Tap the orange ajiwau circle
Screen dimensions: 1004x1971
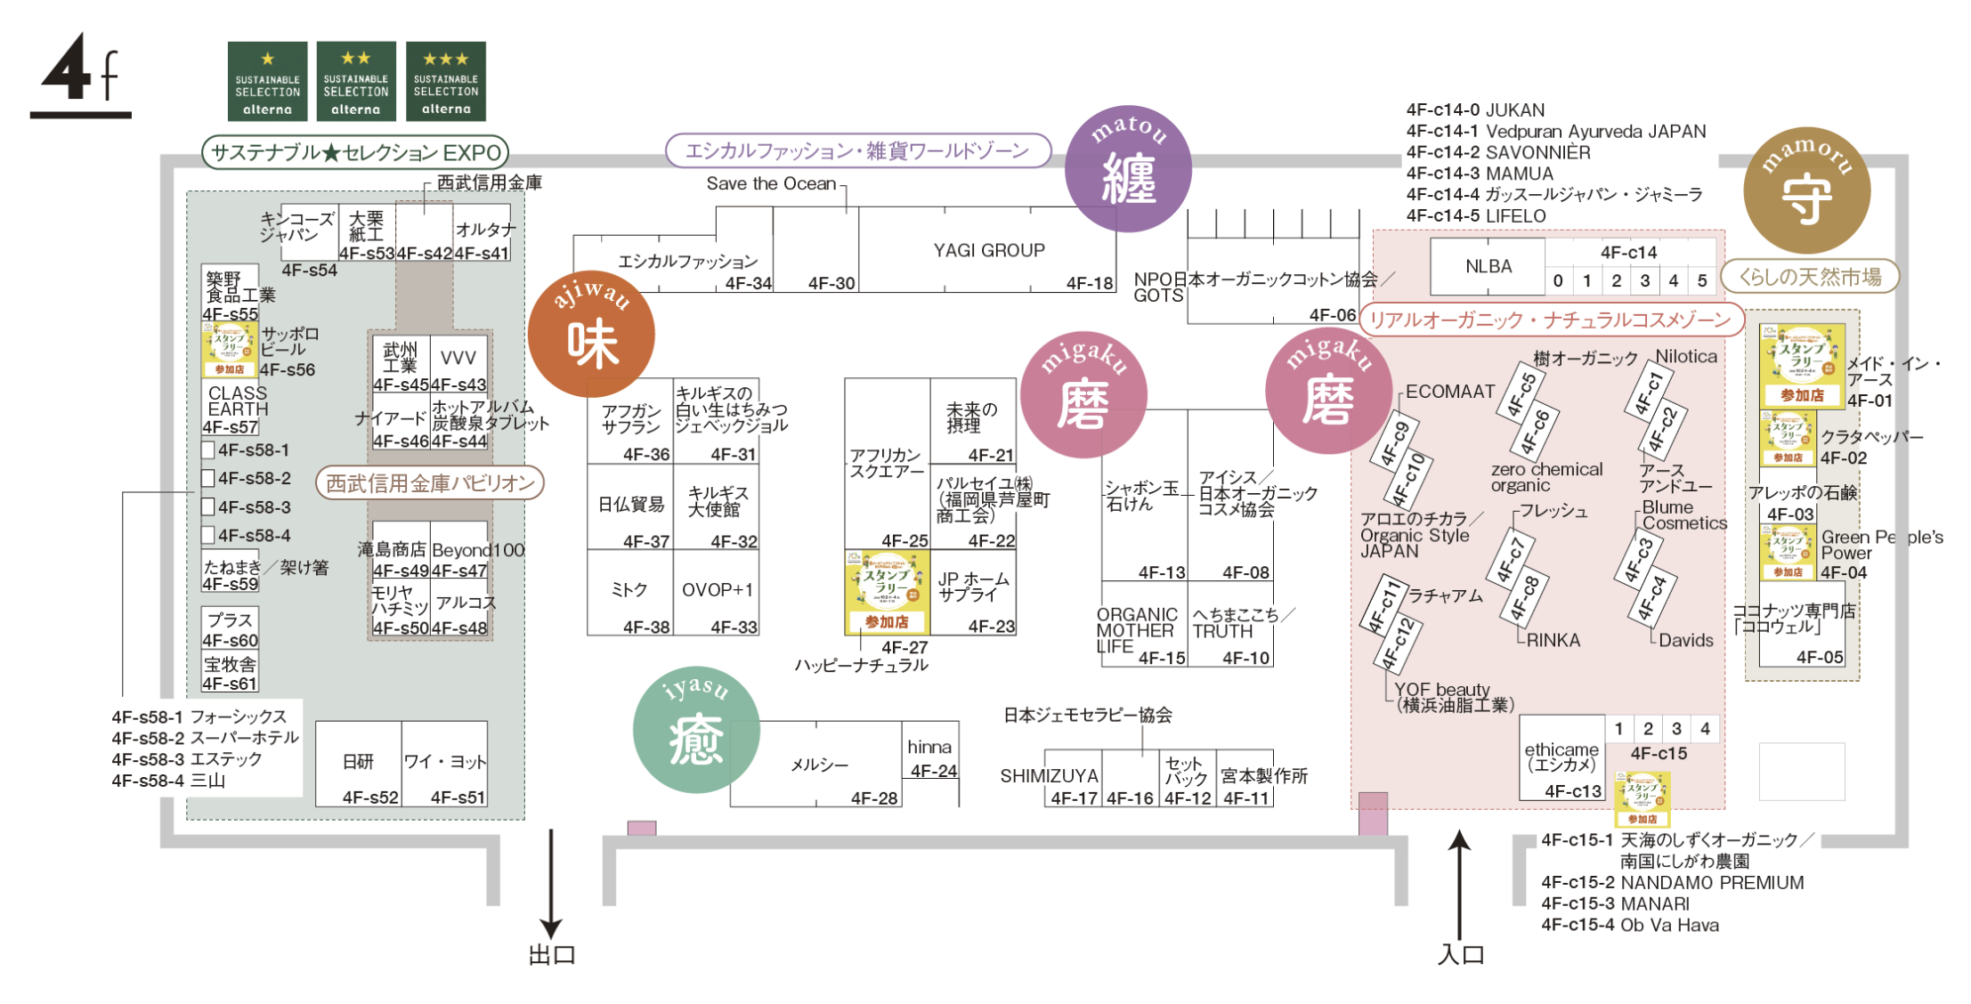coord(591,334)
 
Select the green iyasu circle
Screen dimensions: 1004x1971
coord(696,730)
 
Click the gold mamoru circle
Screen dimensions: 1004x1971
coord(1806,190)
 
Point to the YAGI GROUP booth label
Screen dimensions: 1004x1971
coord(988,251)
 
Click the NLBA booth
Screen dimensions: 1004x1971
coord(1488,266)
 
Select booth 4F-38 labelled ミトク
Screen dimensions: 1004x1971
coord(629,592)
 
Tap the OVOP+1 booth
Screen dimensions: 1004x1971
coord(717,591)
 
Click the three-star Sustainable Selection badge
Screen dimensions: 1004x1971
coord(445,81)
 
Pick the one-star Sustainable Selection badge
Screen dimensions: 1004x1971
coord(267,81)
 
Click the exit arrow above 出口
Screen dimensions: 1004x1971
coord(551,882)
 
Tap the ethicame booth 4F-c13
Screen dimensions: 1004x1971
coord(1561,757)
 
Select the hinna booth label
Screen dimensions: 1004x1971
coord(929,748)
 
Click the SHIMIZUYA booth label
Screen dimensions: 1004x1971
coord(1049,776)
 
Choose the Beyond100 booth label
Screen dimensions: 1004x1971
coord(478,550)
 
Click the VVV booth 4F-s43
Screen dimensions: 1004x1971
coord(458,358)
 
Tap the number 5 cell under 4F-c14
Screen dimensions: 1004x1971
coord(1701,280)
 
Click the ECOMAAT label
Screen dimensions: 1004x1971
coord(1450,392)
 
